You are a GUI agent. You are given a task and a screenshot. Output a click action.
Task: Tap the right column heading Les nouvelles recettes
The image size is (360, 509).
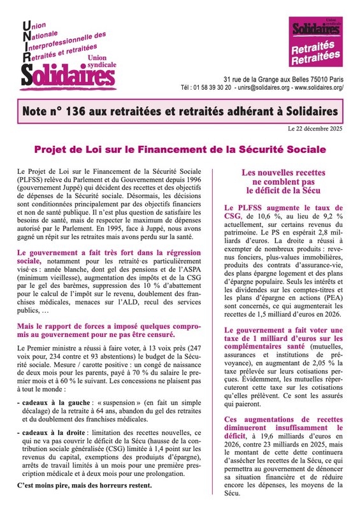284,173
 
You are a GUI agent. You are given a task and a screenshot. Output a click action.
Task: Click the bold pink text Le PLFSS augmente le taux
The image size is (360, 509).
283,208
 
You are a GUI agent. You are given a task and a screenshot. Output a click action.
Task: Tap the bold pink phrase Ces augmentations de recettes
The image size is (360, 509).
283,419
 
